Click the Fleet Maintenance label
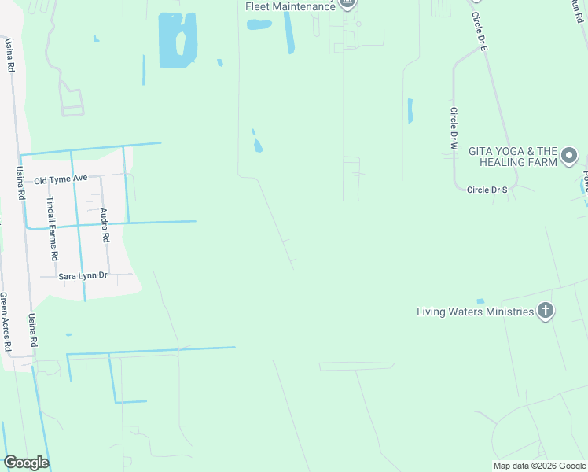290,6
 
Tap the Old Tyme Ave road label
61,179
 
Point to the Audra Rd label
104,225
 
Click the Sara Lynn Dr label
83,276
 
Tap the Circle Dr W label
454,129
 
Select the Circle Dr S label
487,190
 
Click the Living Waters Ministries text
475,312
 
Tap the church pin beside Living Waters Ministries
546,312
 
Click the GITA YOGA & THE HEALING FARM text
513,156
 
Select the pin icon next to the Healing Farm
570,155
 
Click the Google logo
26,463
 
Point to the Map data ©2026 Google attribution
538,466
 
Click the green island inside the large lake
181,43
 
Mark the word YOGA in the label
511,150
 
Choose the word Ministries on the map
509,312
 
